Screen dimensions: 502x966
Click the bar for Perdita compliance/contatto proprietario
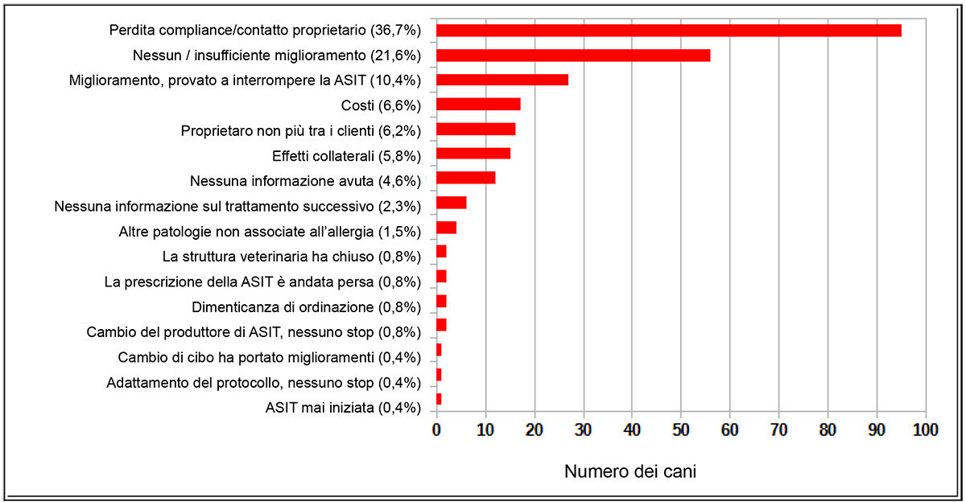click(668, 31)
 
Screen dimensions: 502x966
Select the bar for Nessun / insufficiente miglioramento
click(573, 56)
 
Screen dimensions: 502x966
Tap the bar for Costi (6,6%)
click(478, 104)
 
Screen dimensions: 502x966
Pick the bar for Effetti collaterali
click(473, 154)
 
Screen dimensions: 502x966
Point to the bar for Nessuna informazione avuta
click(466, 178)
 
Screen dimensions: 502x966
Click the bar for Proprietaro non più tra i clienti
click(476, 129)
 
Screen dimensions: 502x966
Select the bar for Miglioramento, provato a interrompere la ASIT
click(502, 80)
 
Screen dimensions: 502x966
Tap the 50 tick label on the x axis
click(681, 430)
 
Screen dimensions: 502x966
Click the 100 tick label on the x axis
click(925, 430)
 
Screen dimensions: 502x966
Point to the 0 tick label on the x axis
click(436, 430)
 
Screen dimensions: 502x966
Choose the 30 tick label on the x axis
click(583, 430)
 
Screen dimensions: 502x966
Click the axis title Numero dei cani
click(630, 471)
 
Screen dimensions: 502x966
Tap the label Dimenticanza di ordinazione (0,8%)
click(307, 307)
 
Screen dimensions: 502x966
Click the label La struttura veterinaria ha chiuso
click(292, 257)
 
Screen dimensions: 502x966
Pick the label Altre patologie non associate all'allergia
click(270, 232)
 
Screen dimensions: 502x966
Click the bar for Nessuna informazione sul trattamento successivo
click(452, 203)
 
